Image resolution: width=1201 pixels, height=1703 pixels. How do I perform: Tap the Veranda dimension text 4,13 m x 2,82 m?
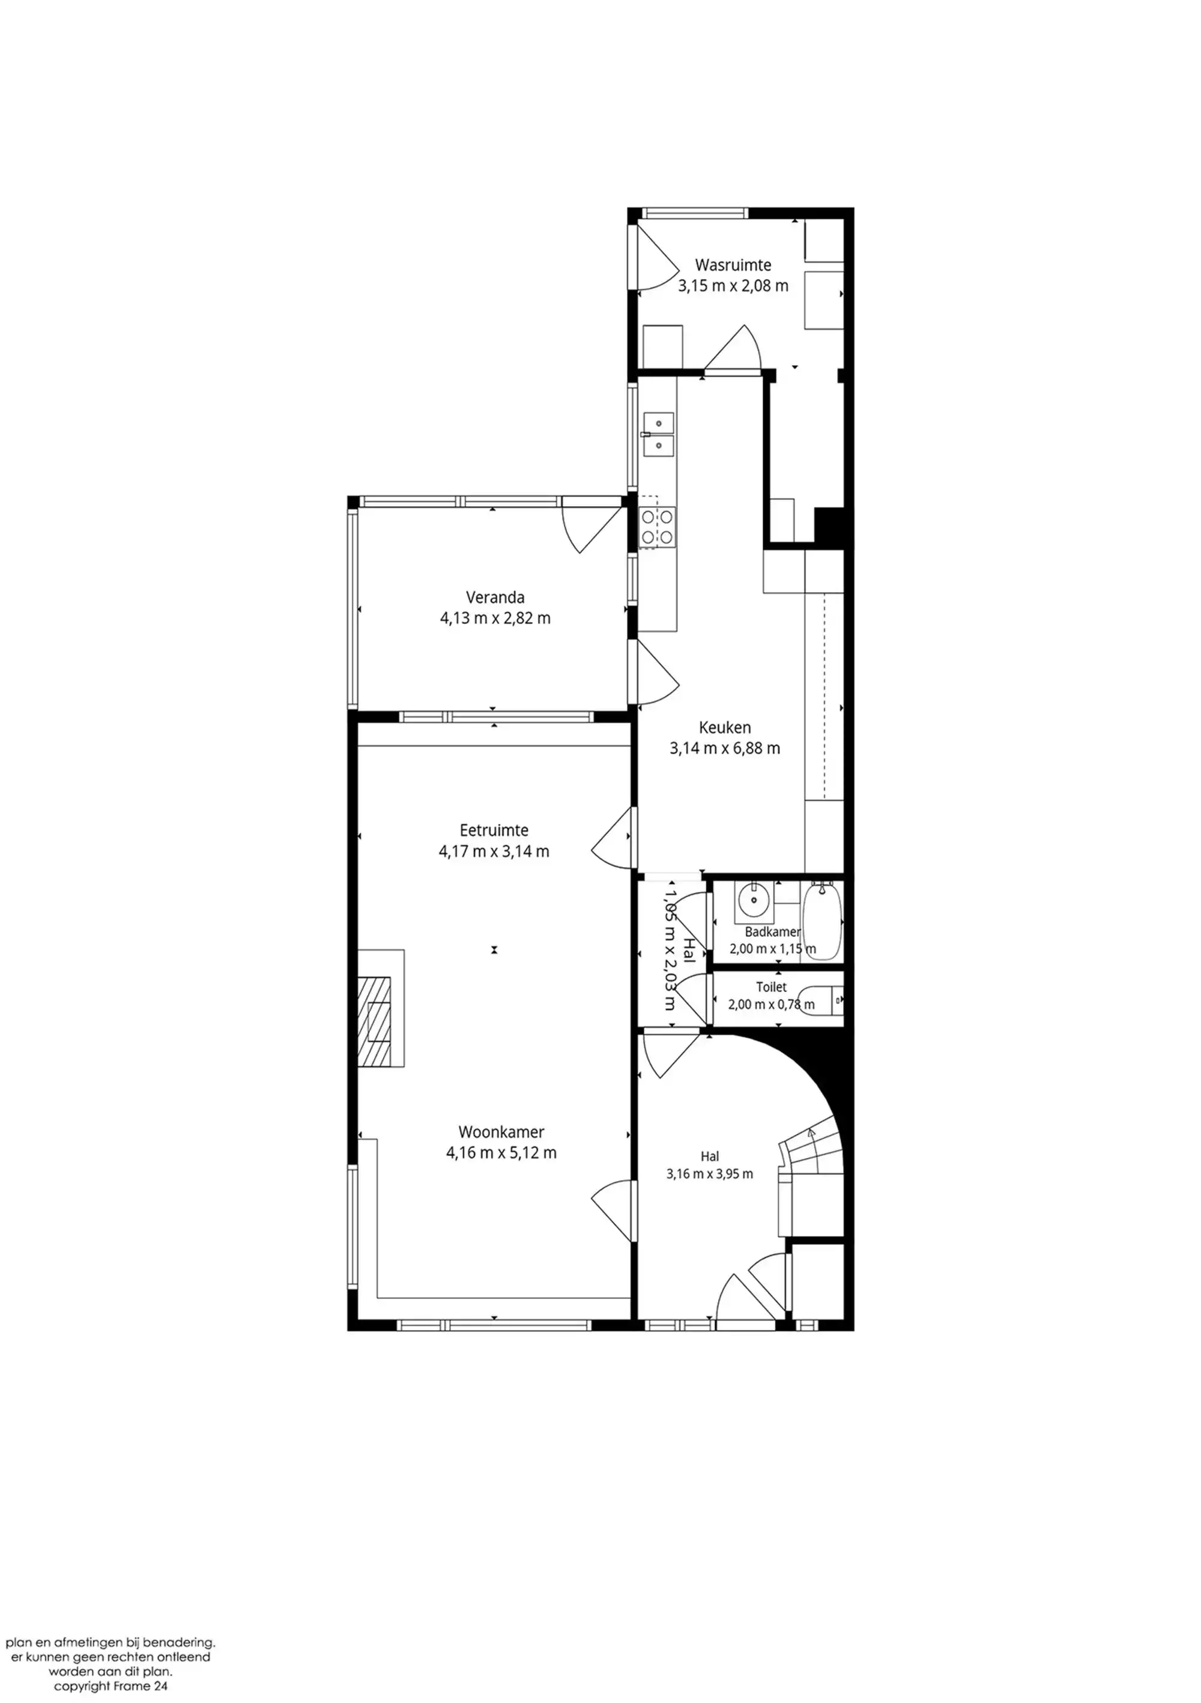pos(495,618)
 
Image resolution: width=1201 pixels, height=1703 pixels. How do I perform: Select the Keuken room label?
pos(725,728)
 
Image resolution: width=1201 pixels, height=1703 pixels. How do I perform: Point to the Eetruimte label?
pos(494,830)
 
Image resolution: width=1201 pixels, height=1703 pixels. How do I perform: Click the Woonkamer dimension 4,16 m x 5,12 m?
pos(501,1152)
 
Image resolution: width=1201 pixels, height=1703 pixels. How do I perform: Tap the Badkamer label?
pos(773,931)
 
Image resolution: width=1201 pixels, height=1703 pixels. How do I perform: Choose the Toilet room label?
pos(772,987)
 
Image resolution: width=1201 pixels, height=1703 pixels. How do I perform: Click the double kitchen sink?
pos(658,434)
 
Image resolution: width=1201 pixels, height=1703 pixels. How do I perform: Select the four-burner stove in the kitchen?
pos(658,527)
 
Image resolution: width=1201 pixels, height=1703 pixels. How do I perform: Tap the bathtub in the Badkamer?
pos(823,921)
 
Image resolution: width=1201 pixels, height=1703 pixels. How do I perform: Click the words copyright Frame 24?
pos(110,1686)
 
